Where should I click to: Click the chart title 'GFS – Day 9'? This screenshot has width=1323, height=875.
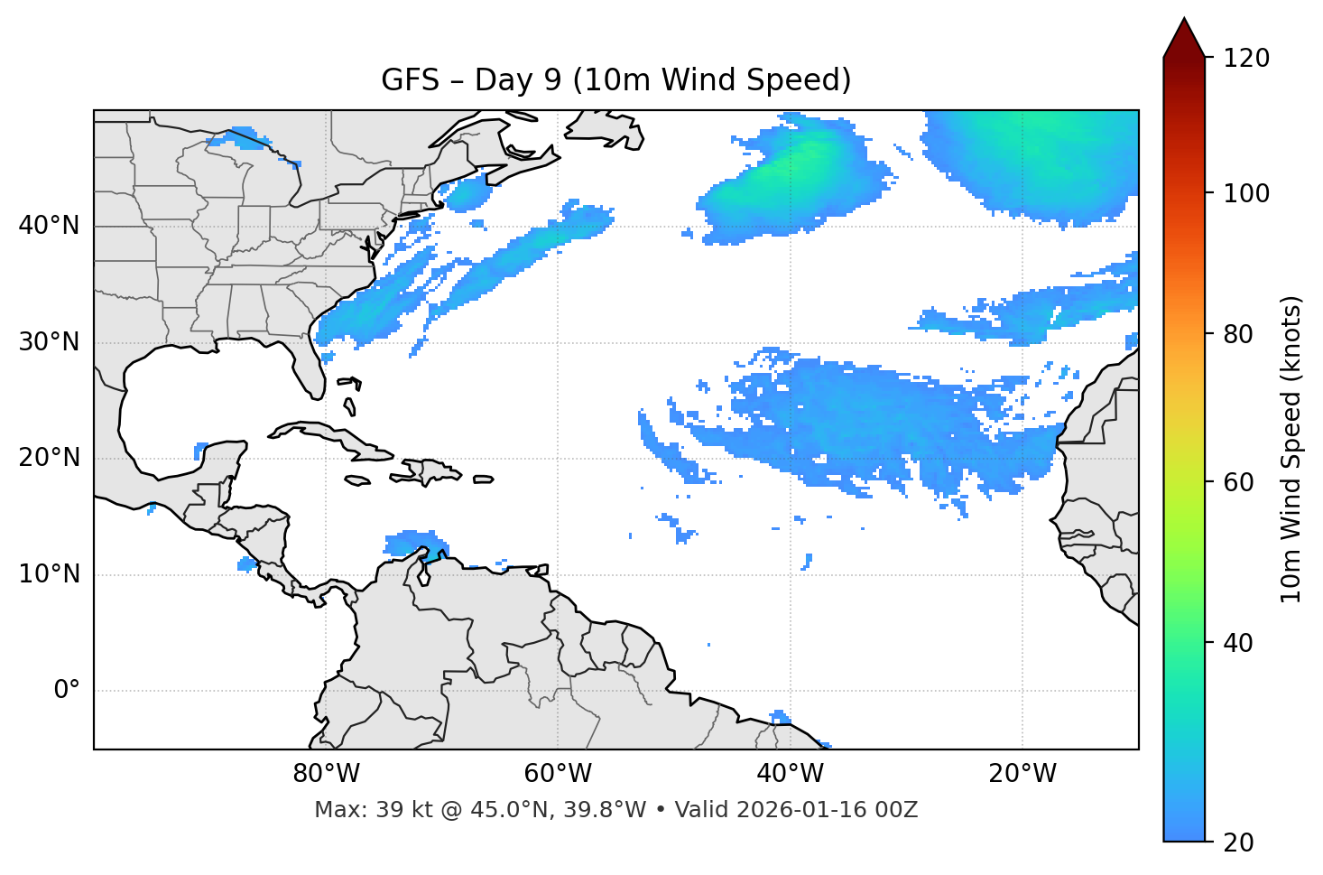[x=615, y=80]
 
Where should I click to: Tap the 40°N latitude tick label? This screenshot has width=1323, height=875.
[x=49, y=226]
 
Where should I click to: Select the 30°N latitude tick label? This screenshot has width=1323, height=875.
[x=49, y=342]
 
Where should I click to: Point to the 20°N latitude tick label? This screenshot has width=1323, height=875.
[x=49, y=458]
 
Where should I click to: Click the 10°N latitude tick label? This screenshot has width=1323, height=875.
[x=49, y=574]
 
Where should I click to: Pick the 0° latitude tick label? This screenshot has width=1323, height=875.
[x=66, y=691]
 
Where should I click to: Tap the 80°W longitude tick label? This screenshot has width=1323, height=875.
[x=326, y=774]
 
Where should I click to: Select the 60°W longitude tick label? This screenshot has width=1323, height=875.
[x=558, y=774]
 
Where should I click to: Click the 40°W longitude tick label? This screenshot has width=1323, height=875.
[x=790, y=774]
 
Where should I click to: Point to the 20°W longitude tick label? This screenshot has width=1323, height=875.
[x=1022, y=774]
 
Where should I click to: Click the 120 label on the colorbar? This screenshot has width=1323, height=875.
[x=1246, y=59]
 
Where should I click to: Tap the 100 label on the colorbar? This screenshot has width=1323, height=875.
[x=1246, y=193]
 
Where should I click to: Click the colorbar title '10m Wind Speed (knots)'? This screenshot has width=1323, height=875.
[x=1291, y=449]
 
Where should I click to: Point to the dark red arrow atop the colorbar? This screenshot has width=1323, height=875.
[x=1184, y=39]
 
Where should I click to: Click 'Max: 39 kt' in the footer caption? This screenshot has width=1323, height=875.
[x=359, y=810]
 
